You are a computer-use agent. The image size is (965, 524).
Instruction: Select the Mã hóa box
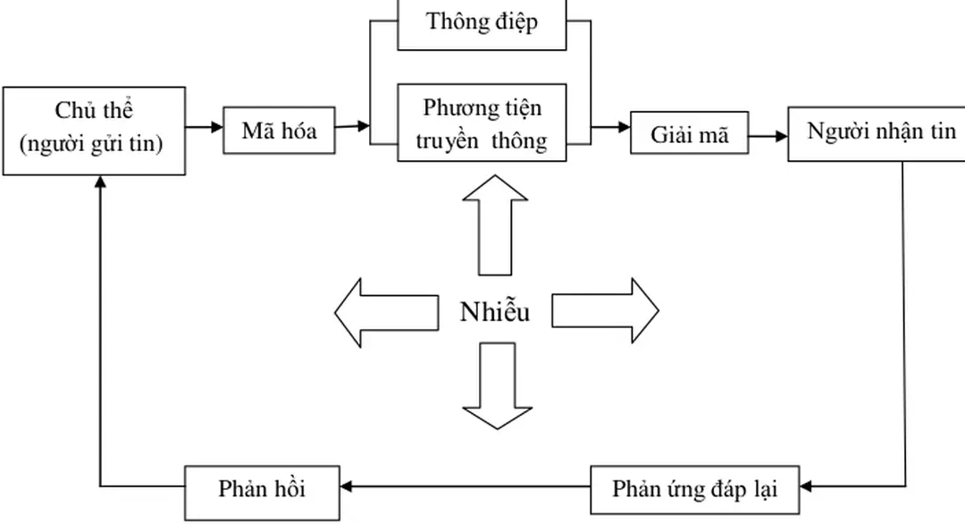click(x=279, y=131)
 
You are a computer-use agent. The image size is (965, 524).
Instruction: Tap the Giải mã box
click(x=689, y=135)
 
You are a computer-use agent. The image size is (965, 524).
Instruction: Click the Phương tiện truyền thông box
click(x=482, y=123)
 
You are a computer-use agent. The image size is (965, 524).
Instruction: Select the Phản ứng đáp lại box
click(x=694, y=489)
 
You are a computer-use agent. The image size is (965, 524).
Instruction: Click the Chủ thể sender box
click(x=95, y=130)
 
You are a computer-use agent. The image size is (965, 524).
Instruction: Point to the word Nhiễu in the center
click(x=494, y=312)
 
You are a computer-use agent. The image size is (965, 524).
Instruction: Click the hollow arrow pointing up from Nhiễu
click(x=494, y=224)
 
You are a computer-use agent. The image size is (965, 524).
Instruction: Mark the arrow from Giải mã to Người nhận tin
click(x=768, y=136)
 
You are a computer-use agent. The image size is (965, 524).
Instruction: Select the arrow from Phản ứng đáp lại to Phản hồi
click(x=465, y=487)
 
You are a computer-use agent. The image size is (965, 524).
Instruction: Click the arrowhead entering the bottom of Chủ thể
click(x=100, y=181)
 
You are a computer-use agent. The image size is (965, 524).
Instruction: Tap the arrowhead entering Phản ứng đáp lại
click(x=807, y=488)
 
